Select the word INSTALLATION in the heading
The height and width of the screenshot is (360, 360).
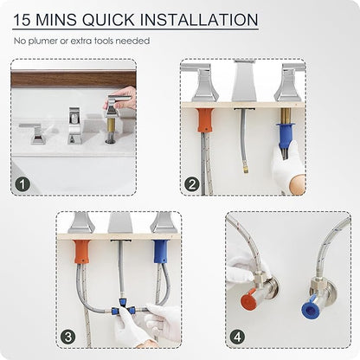[x=199, y=20]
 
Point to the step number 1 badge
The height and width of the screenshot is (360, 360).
[x=22, y=184]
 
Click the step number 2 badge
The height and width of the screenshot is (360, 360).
[x=192, y=184]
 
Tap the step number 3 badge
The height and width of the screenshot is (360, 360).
[x=68, y=337]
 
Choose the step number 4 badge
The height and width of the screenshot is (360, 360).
[x=237, y=337]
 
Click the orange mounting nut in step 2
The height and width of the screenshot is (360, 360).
[x=205, y=120]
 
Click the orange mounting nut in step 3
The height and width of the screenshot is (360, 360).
[x=82, y=252]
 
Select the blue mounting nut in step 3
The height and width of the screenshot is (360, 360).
[x=161, y=252]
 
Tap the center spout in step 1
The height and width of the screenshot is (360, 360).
[x=74, y=125]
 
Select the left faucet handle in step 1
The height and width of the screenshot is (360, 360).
[x=34, y=132]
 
